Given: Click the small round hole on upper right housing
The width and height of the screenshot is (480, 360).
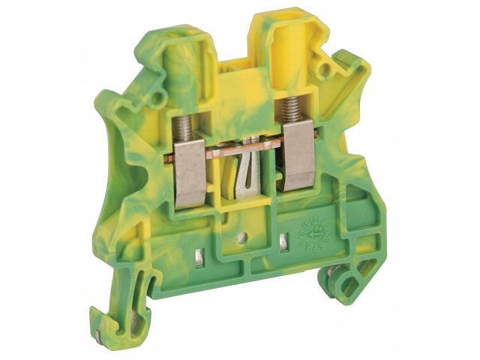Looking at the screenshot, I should coord(323,72).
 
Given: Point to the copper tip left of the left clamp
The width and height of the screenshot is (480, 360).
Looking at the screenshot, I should coord(169,159).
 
